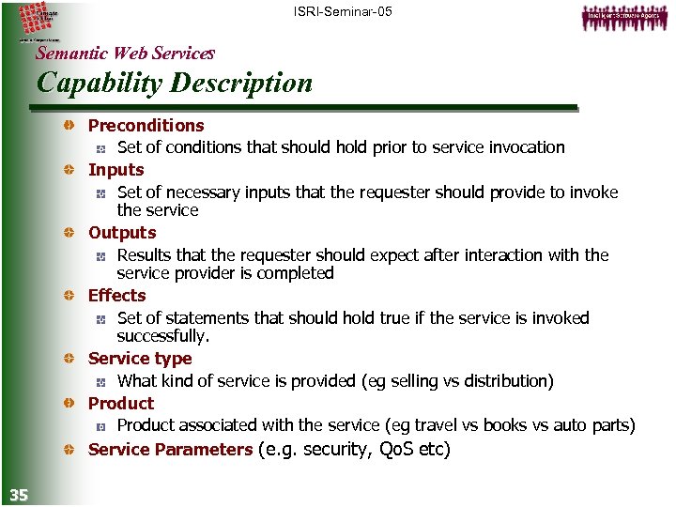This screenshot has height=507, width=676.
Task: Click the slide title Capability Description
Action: (174, 83)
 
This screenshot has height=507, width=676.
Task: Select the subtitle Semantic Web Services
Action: (125, 54)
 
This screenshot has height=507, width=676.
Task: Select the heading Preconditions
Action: (146, 125)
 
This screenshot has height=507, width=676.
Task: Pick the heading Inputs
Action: (115, 170)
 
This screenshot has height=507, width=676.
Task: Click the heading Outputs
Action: (122, 232)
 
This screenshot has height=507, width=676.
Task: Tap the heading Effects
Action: (116, 295)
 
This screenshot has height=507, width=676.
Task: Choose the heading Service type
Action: (139, 358)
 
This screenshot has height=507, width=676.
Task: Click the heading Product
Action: (120, 403)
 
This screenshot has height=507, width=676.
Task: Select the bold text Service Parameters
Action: (170, 449)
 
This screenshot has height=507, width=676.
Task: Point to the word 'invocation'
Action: (528, 147)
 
